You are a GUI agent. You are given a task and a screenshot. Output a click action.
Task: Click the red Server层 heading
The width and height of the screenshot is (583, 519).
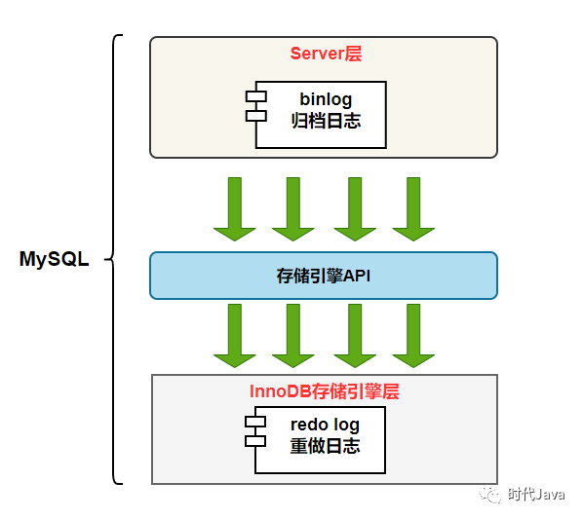tap(325, 55)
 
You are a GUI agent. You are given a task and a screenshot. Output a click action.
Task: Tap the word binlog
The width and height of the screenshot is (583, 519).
tap(325, 98)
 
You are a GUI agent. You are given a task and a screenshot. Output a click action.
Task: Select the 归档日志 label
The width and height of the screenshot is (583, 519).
tap(325, 121)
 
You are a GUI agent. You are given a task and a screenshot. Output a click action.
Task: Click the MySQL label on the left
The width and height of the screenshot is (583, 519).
tap(54, 260)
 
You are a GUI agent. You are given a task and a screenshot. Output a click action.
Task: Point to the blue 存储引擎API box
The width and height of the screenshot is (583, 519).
tap(324, 276)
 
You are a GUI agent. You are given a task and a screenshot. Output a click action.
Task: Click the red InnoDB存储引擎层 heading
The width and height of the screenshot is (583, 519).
tap(325, 391)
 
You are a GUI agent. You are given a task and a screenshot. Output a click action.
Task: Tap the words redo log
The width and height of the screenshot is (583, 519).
tap(325, 425)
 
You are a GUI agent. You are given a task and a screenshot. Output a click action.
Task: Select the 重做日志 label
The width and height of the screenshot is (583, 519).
tap(325, 447)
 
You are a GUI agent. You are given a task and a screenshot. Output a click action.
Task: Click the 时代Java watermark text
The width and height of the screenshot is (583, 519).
tap(535, 495)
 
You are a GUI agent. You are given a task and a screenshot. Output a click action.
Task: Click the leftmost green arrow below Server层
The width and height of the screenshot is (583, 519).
tap(235, 208)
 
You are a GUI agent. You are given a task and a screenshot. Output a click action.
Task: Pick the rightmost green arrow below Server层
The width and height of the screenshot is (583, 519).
tap(413, 208)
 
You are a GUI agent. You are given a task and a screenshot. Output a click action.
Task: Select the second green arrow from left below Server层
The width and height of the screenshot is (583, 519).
tap(293, 208)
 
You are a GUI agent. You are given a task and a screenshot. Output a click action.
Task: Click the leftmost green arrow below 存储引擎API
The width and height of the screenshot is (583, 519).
tap(235, 335)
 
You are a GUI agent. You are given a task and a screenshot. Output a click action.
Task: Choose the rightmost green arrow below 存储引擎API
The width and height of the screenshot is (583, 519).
tap(413, 335)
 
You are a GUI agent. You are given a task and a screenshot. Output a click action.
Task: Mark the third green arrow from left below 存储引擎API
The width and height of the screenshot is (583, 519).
tap(355, 335)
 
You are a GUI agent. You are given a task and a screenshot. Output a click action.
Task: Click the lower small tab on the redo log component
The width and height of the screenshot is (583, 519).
tap(255, 441)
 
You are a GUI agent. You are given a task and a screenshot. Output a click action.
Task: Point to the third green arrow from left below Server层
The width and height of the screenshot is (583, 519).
tap(355, 208)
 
